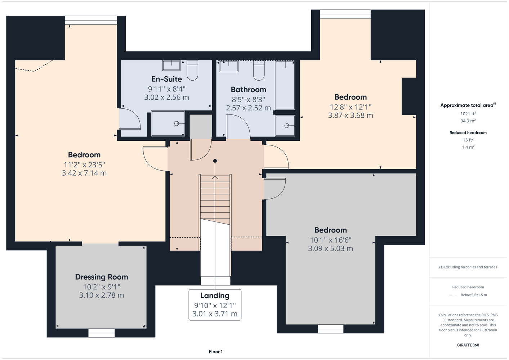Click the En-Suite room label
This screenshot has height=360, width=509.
tap(166, 79)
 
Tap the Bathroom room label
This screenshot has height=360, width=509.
tap(248, 90)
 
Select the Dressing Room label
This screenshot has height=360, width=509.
tap(102, 277)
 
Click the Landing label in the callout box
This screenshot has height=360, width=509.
tap(215, 296)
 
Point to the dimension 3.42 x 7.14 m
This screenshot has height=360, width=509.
tap(84, 173)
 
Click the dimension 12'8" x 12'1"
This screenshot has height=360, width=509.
tap(351, 107)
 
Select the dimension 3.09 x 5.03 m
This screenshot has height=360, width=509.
tap(330, 248)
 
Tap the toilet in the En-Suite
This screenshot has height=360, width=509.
tap(192, 71)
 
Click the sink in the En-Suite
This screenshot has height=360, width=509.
tap(171, 66)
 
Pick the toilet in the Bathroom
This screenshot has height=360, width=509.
tap(259, 71)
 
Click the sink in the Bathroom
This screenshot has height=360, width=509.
tap(229, 66)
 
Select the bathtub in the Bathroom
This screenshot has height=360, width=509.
tap(285, 85)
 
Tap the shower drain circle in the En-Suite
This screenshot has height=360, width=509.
tap(177, 123)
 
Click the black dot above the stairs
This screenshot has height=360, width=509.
tap(215, 161)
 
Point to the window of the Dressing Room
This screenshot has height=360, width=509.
tap(101, 333)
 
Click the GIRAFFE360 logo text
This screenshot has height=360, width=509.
tap(468, 345)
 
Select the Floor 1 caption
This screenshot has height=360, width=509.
tap(216, 352)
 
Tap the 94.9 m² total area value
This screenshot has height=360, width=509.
tap(468, 121)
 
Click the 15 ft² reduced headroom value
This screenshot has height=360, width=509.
tap(468, 140)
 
